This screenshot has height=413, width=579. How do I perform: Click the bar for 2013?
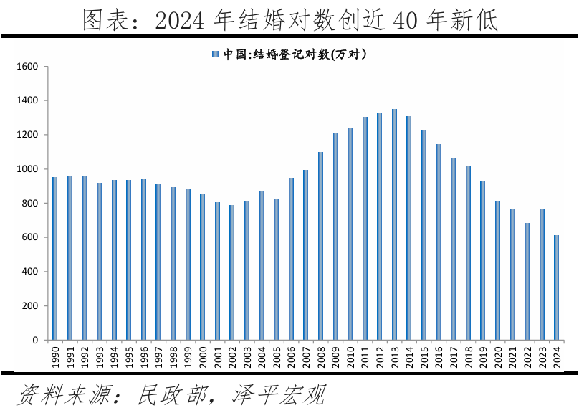coord(394,224)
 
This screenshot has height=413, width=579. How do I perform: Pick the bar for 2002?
coord(231,272)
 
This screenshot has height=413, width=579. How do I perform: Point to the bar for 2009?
coord(335,236)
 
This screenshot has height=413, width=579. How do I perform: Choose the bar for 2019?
coord(482,260)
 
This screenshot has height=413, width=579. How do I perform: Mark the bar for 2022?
coord(527,281)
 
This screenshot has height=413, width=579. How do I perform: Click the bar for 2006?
coord(291,259)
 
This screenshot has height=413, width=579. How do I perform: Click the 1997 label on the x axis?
coord(158,356)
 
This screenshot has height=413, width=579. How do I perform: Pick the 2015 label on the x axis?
coord(424,356)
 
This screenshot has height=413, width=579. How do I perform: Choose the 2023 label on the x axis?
coord(542,356)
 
